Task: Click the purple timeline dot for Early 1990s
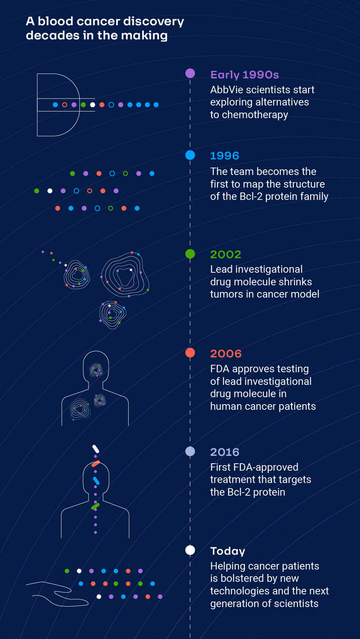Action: [190, 73]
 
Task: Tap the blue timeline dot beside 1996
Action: [190, 155]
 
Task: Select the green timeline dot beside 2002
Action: [190, 254]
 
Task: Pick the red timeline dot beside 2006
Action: [190, 353]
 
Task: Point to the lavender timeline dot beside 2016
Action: [190, 451]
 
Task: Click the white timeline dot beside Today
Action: [190, 550]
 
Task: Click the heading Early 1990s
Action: [245, 75]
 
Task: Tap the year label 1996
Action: [225, 156]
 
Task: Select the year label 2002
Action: [226, 254]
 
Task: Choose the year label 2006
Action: [226, 353]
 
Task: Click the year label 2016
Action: [225, 452]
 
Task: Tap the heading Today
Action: [228, 551]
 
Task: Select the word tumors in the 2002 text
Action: [225, 294]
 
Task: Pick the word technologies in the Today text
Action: [237, 591]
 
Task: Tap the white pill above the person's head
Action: [95, 449]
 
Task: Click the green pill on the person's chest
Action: [95, 506]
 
